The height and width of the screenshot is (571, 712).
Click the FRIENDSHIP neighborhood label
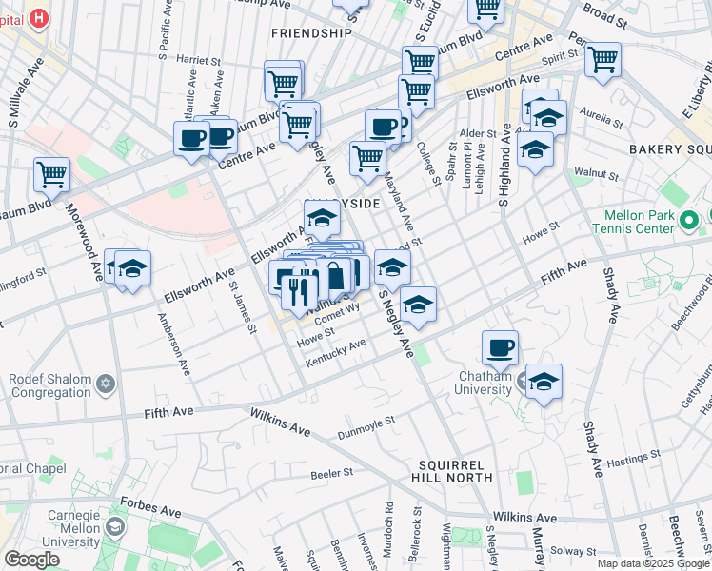pyautogui.click(x=311, y=32)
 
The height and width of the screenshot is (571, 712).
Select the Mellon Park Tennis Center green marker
pyautogui.click(x=690, y=221)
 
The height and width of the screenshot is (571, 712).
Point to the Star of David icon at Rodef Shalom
pyautogui.click(x=107, y=383)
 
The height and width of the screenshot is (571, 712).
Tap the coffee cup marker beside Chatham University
pyautogui.click(x=500, y=348)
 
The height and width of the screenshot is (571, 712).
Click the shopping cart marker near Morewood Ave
pyautogui.click(x=51, y=173)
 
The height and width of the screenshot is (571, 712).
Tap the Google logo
pyautogui.click(x=31, y=559)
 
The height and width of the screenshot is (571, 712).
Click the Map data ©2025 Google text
pyautogui.click(x=652, y=563)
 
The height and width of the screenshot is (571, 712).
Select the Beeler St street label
pyautogui.click(x=332, y=472)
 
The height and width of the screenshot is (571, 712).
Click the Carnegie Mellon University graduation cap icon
pyautogui.click(x=115, y=525)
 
